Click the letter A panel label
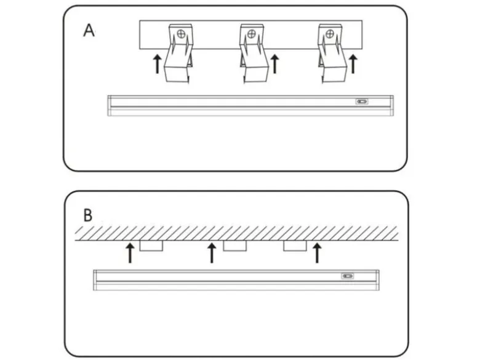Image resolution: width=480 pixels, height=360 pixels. pos(89,31)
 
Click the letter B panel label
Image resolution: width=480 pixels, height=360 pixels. pos(88,215)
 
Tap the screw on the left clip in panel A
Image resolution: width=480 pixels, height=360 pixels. pos(181,34)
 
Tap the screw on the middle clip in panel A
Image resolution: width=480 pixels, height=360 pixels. pos(251,34)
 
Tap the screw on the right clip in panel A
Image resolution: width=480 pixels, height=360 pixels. pos(330,34)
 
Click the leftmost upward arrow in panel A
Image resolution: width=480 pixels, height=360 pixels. pos(158,64)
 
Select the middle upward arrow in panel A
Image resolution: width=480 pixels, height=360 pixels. pos(275,64)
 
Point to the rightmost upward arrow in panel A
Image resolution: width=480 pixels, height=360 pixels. pos(353,64)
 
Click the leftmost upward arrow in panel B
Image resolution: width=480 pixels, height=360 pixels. pos(130,253)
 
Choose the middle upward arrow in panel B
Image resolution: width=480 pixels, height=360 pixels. pos(212,253)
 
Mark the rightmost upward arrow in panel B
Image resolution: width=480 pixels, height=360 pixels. pos(317,253)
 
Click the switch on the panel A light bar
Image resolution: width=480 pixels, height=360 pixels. pos(362,102)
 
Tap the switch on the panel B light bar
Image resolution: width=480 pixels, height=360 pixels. pos(348,276)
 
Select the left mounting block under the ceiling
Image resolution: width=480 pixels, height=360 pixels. pos(151,246)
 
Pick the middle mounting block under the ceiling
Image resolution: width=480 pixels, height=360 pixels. pos(235,246)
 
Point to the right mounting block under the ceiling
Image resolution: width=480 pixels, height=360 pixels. pos(295,246)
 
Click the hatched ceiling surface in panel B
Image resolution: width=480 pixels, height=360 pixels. pos(237,234)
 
